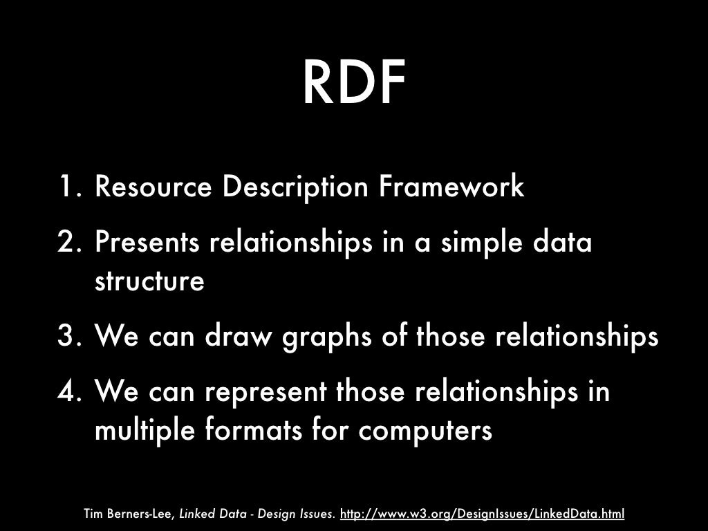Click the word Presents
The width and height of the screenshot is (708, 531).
[147, 243]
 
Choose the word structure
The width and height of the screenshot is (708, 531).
[149, 282]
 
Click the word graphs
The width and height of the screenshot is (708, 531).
[330, 339]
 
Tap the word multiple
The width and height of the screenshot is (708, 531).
[143, 431]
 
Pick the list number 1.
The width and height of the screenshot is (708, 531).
[70, 187]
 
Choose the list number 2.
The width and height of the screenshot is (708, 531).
[68, 243]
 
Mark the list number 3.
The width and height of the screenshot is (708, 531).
[68, 337]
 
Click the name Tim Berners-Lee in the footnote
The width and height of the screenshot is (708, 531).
[129, 514]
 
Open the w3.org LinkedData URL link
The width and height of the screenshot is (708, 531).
[483, 514]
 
